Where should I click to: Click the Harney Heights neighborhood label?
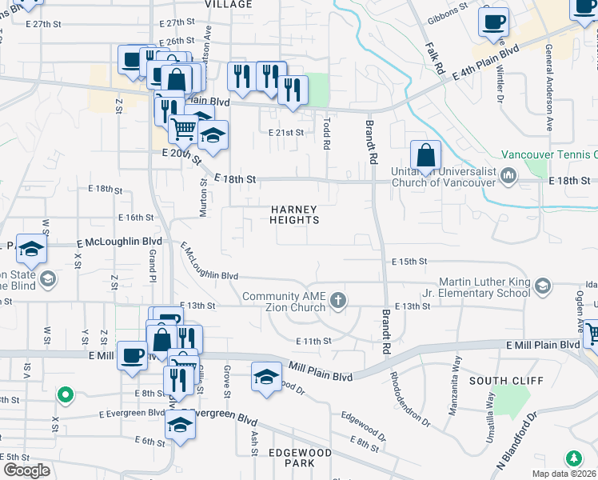tap(294, 214)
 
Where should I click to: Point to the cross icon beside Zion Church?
tap(339, 300)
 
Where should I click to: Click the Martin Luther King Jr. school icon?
tap(543, 286)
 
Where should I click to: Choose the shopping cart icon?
tap(185, 127)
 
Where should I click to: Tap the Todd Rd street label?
tap(326, 133)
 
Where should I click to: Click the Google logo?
tap(26, 470)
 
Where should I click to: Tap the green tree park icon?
tap(572, 458)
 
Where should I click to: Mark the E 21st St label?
tap(286, 132)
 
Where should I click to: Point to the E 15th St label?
tap(410, 262)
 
